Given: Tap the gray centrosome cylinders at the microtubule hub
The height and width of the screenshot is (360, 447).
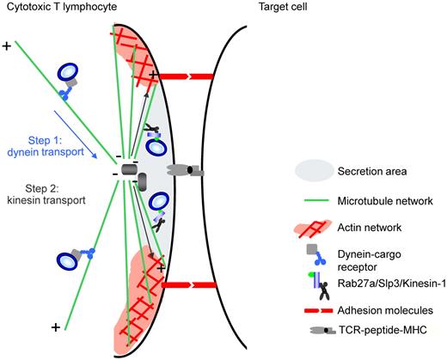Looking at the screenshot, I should [x=132, y=174].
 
